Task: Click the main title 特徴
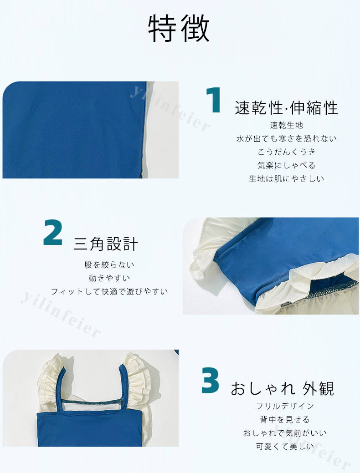pyautogui.click(x=179, y=28)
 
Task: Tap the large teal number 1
pyautogui.click(x=214, y=100)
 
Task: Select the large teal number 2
pyautogui.click(x=53, y=233)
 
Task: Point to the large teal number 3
pyautogui.click(x=210, y=380)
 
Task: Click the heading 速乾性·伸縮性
pyautogui.click(x=286, y=108)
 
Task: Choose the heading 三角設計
pyautogui.click(x=106, y=244)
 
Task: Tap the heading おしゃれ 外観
pyautogui.click(x=283, y=388)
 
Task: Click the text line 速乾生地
pyautogui.click(x=286, y=125)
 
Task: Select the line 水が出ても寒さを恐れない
pyautogui.click(x=286, y=138)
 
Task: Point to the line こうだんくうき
pyautogui.click(x=286, y=152)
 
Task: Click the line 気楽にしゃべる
pyautogui.click(x=286, y=165)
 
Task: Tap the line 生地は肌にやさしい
pyautogui.click(x=286, y=178)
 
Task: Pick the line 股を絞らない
pyautogui.click(x=109, y=265)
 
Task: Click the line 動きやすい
pyautogui.click(x=109, y=278)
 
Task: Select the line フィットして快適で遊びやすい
pyautogui.click(x=109, y=292)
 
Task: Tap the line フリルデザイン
pyautogui.click(x=285, y=407)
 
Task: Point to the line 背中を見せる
pyautogui.click(x=285, y=420)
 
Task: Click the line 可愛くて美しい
pyautogui.click(x=285, y=447)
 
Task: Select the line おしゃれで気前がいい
pyautogui.click(x=285, y=433)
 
